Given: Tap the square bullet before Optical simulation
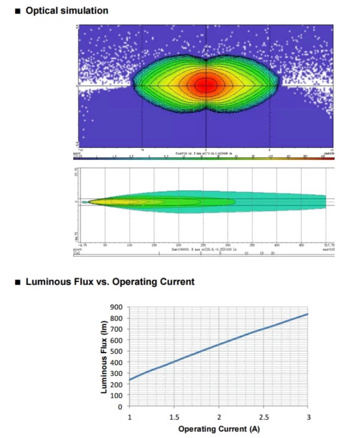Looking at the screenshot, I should point(18,10).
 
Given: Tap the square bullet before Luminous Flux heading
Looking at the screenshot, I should point(18,281).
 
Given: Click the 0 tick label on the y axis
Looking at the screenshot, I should point(121,407).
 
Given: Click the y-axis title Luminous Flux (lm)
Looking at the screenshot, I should point(104,356).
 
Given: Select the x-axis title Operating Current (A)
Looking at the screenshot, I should point(219,429).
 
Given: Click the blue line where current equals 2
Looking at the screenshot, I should point(219,344).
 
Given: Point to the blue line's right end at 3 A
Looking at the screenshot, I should point(308,314).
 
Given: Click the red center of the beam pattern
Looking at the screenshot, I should point(206,85).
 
